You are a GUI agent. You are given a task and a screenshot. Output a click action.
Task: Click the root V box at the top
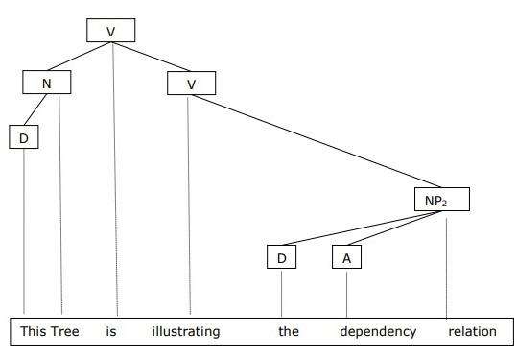click(x=110, y=31)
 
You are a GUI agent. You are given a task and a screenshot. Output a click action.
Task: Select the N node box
click(x=48, y=83)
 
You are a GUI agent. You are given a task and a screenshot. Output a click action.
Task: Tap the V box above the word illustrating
click(x=191, y=84)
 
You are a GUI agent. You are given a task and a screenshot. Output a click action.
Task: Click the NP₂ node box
click(x=443, y=201)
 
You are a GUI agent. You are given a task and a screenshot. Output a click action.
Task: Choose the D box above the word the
click(x=282, y=257)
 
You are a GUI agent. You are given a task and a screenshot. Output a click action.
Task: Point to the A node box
click(x=345, y=257)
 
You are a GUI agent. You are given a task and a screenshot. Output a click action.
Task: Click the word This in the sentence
click(x=34, y=332)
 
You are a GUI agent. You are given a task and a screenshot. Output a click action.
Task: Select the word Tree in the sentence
click(x=65, y=332)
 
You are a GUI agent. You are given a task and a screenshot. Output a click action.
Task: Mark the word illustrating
click(x=186, y=332)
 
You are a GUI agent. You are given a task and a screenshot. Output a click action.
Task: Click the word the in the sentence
click(x=289, y=332)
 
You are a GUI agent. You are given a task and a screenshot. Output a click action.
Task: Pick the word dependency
click(x=379, y=332)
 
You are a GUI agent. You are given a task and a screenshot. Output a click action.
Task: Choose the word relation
click(x=473, y=332)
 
